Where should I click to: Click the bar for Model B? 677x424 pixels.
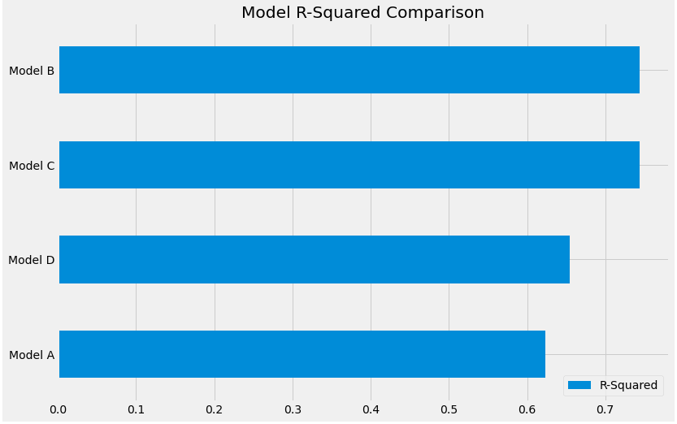coord(349,70)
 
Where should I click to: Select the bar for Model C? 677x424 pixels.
coord(349,165)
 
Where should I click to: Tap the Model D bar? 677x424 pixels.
coord(315,260)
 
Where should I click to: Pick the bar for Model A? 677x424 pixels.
coord(302,354)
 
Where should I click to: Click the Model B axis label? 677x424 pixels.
coord(32,71)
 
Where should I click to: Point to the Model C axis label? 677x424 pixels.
coord(32,166)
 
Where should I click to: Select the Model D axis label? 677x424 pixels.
coord(32,260)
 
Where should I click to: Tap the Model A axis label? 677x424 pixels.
coord(32,355)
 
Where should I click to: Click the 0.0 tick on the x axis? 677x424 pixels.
coord(58,408)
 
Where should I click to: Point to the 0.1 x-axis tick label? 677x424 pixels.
coord(136,408)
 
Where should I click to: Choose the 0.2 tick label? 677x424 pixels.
coord(215,408)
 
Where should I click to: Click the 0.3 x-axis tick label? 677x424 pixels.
coord(293,408)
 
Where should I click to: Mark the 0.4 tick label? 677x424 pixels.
coord(371,408)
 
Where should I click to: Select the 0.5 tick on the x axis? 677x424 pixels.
coord(449,408)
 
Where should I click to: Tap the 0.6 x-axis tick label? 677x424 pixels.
coord(527,408)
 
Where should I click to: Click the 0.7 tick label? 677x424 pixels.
coord(605,408)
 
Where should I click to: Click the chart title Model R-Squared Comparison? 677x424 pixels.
coord(362,13)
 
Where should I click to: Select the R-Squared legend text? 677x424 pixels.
coord(628,385)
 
